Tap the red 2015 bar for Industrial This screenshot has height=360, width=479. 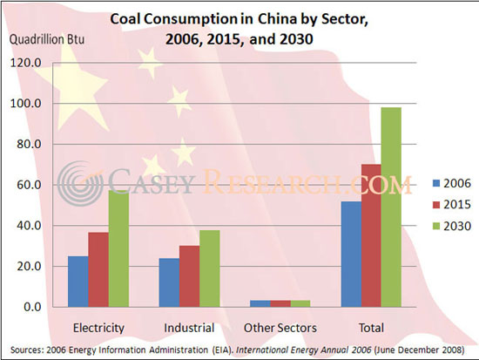point(189,276)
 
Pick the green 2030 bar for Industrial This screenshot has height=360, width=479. point(209,268)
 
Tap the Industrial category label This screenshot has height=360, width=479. point(189,328)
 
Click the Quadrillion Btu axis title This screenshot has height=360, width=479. point(42,38)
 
